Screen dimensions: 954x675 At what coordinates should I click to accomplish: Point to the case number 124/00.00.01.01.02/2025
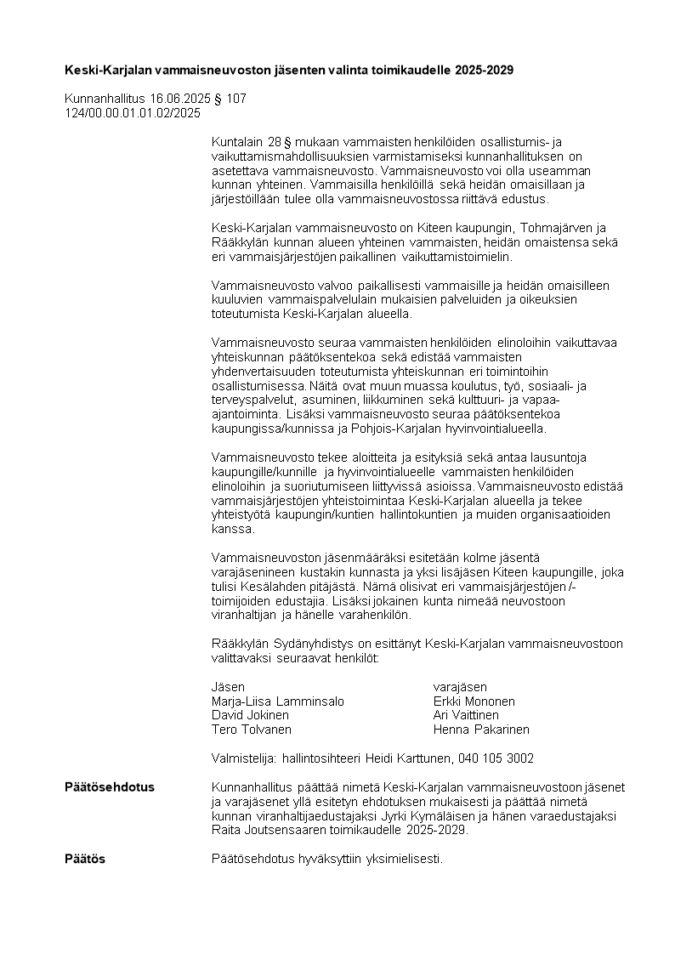(x=133, y=112)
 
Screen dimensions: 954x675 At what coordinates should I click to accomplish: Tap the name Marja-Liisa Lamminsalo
(x=277, y=701)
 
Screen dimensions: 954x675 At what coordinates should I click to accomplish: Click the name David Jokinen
(x=250, y=715)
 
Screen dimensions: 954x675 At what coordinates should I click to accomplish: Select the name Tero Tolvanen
(x=251, y=730)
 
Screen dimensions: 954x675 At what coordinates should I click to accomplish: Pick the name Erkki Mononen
(x=474, y=701)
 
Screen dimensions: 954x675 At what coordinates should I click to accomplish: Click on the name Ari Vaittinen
(x=466, y=715)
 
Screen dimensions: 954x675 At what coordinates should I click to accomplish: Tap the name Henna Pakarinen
(x=481, y=730)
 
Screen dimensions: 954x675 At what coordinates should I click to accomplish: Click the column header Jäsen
(x=228, y=687)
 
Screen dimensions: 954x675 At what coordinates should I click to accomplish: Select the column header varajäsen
(x=460, y=687)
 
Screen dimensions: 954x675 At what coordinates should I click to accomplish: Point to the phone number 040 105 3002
(x=496, y=758)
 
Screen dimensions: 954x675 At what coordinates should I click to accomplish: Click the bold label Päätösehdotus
(x=110, y=787)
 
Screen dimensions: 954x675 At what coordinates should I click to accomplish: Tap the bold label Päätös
(x=85, y=859)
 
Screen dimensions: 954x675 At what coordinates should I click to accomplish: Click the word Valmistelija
(x=239, y=758)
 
